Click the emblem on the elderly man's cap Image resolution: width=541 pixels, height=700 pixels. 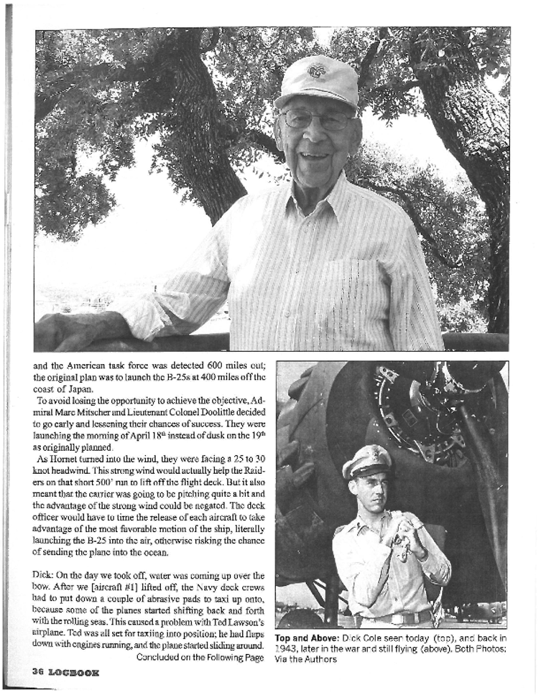coord(317,70)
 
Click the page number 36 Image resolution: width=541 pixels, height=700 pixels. coord(39,673)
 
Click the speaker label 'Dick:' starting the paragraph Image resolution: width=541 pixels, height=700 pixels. coord(44,575)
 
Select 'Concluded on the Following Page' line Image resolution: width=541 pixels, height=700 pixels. coord(200,657)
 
